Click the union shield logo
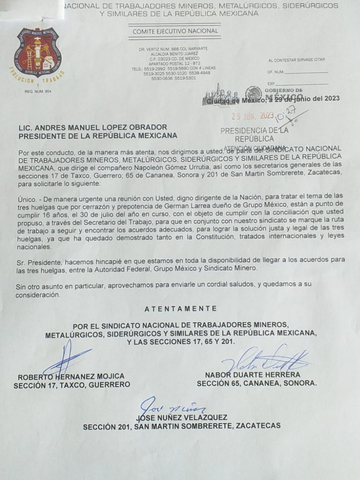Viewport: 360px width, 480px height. (x=37, y=52)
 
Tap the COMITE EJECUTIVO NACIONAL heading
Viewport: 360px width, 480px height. (x=175, y=31)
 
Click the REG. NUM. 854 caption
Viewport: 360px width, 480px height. (x=38, y=91)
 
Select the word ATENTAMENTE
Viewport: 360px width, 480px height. (x=180, y=309)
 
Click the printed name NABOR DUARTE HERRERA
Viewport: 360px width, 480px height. (x=253, y=375)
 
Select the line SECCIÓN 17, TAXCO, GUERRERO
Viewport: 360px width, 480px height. (x=72, y=385)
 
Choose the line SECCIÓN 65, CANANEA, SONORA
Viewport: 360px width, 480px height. (x=257, y=383)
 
